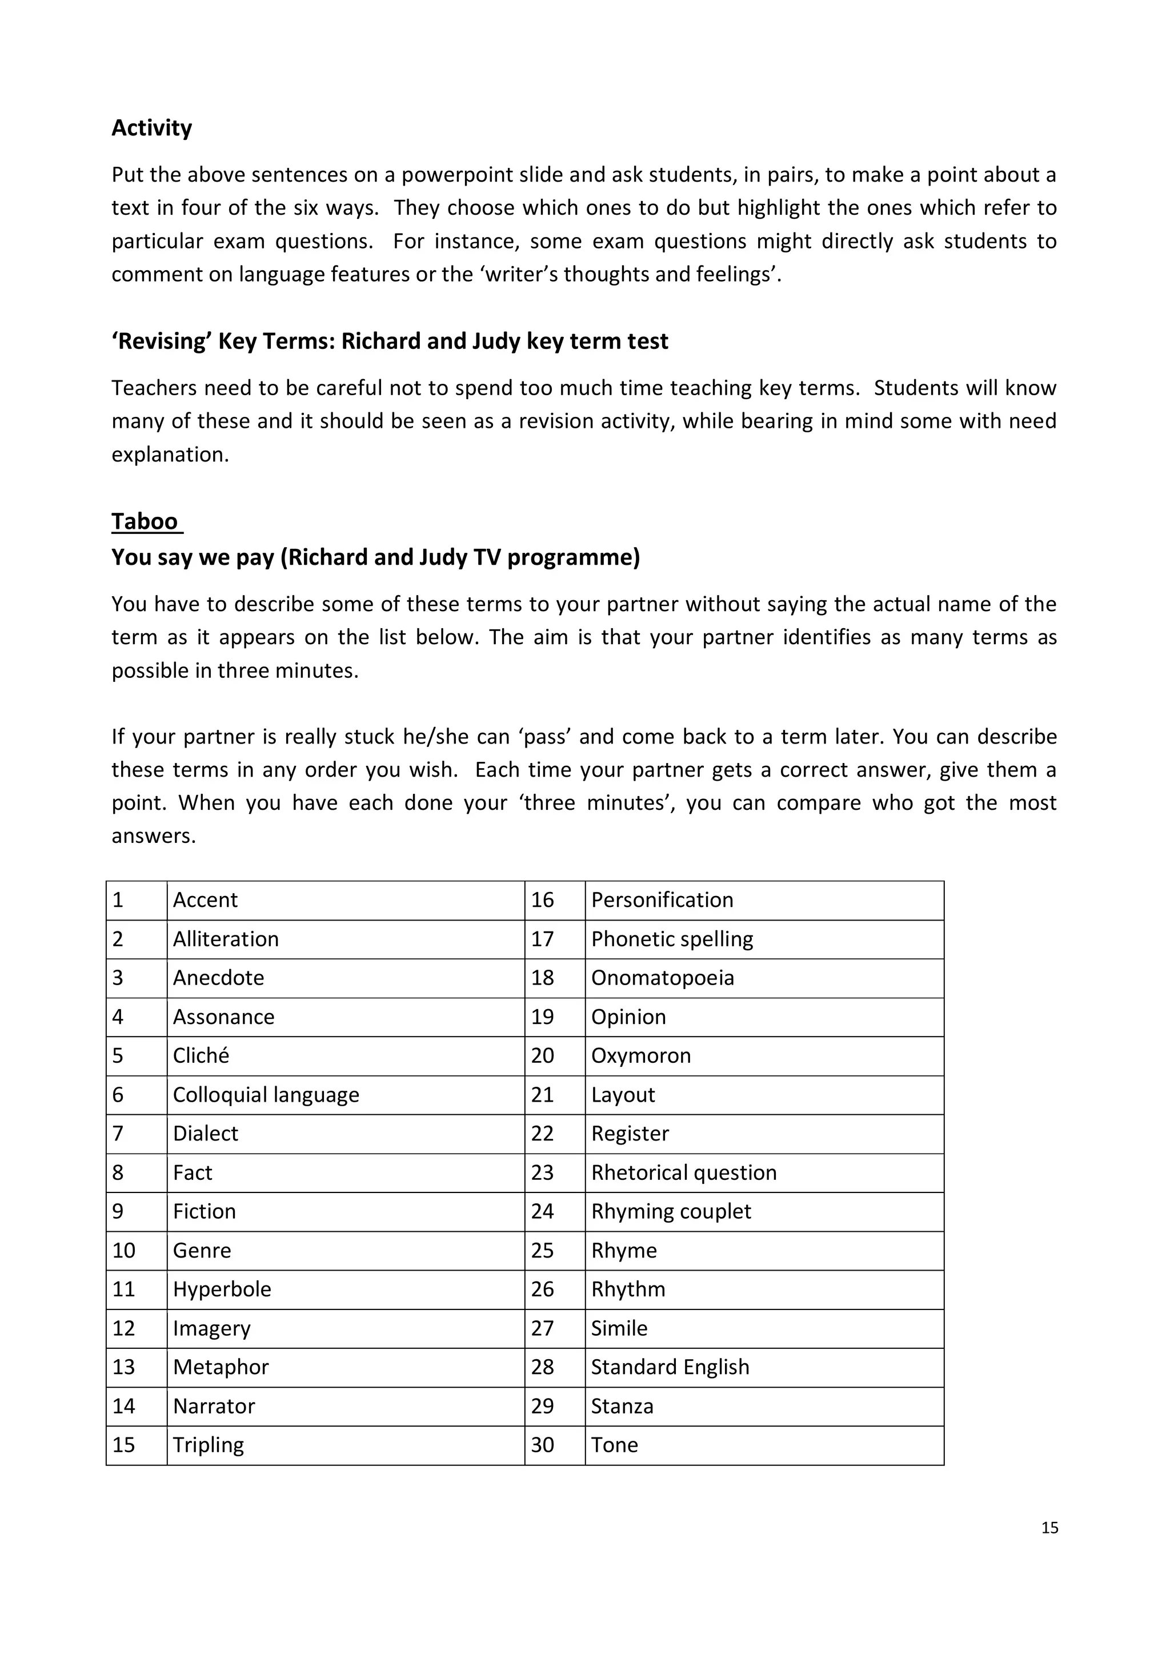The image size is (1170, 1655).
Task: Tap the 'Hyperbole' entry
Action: [x=222, y=1289]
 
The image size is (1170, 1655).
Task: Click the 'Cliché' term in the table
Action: [x=201, y=1055]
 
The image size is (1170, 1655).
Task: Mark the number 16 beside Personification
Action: [x=542, y=899]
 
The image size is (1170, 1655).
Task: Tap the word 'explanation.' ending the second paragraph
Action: [x=170, y=455]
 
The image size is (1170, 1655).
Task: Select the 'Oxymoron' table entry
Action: [x=640, y=1055]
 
